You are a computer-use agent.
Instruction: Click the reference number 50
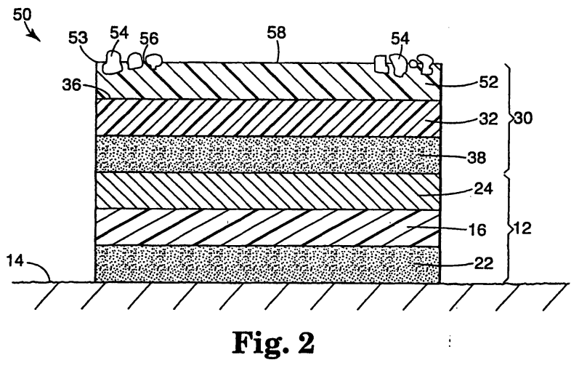(x=22, y=15)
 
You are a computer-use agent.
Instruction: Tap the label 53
(x=78, y=38)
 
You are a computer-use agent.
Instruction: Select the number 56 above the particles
(x=149, y=39)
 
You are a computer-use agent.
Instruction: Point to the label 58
(x=277, y=33)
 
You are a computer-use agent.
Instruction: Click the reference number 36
(x=71, y=85)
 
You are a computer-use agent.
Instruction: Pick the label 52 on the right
(x=488, y=82)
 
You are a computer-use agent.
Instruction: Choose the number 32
(x=488, y=119)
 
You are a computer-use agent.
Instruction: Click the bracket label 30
(x=523, y=119)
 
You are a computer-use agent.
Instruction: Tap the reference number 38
(x=477, y=158)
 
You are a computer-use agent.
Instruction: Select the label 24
(x=483, y=188)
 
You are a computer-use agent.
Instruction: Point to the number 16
(x=477, y=230)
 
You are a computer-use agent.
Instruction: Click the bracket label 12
(x=522, y=228)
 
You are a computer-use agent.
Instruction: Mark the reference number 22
(x=484, y=263)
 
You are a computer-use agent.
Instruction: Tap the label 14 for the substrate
(x=15, y=261)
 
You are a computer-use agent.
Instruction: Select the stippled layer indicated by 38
(x=268, y=155)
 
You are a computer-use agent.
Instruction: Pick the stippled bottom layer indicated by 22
(x=268, y=264)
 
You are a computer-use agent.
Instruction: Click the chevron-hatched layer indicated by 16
(x=268, y=227)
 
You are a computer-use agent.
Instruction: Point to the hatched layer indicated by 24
(x=268, y=191)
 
